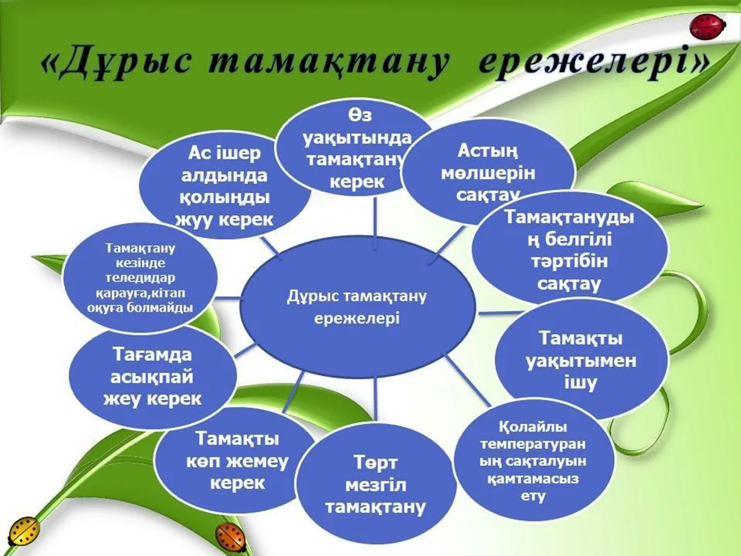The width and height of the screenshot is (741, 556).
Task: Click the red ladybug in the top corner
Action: click(x=708, y=27)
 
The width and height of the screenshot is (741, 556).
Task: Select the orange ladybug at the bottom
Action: click(x=231, y=537)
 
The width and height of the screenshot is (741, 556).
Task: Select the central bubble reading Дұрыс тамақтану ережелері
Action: click(x=357, y=306)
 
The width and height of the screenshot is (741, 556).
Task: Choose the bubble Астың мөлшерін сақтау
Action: click(x=488, y=171)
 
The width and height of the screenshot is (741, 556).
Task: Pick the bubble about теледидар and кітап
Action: click(x=140, y=278)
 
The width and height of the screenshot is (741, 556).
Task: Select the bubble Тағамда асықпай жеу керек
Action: click(x=152, y=377)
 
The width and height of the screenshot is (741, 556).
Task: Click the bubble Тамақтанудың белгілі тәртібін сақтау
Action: click(x=569, y=250)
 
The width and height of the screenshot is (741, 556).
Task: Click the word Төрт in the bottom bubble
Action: click(x=375, y=463)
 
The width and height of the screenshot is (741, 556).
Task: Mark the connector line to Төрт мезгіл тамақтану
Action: click(x=376, y=400)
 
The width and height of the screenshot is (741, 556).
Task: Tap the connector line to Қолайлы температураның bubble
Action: click(x=467, y=381)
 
